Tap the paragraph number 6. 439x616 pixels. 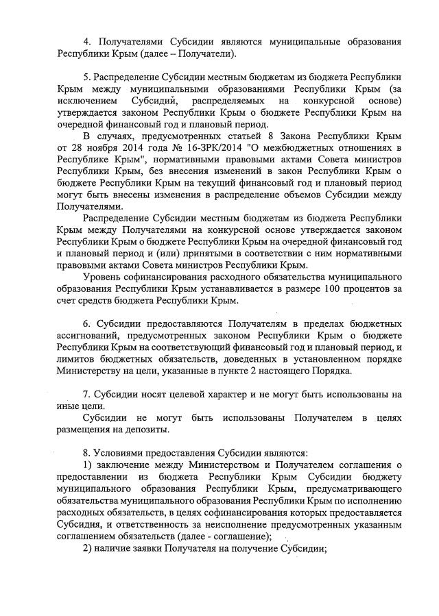(x=87, y=322)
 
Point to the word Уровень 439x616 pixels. (x=103, y=276)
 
